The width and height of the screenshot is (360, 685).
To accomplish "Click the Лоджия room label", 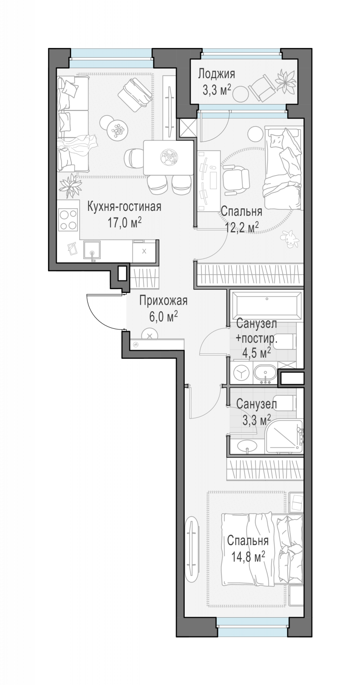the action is tap(216, 74).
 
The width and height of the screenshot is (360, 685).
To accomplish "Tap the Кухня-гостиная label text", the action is tap(124, 207).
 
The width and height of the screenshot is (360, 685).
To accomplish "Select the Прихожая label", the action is tap(163, 301).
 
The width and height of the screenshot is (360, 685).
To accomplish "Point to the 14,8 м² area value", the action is tap(248, 557).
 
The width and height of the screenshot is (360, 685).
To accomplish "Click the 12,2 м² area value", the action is tap(242, 226).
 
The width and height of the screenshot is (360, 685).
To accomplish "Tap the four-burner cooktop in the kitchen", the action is tap(68, 220).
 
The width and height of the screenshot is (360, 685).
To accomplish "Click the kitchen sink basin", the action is tap(92, 250).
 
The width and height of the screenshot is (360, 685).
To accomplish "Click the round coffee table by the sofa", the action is tap(117, 130).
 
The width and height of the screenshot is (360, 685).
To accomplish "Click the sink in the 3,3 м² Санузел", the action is tap(246, 446).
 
